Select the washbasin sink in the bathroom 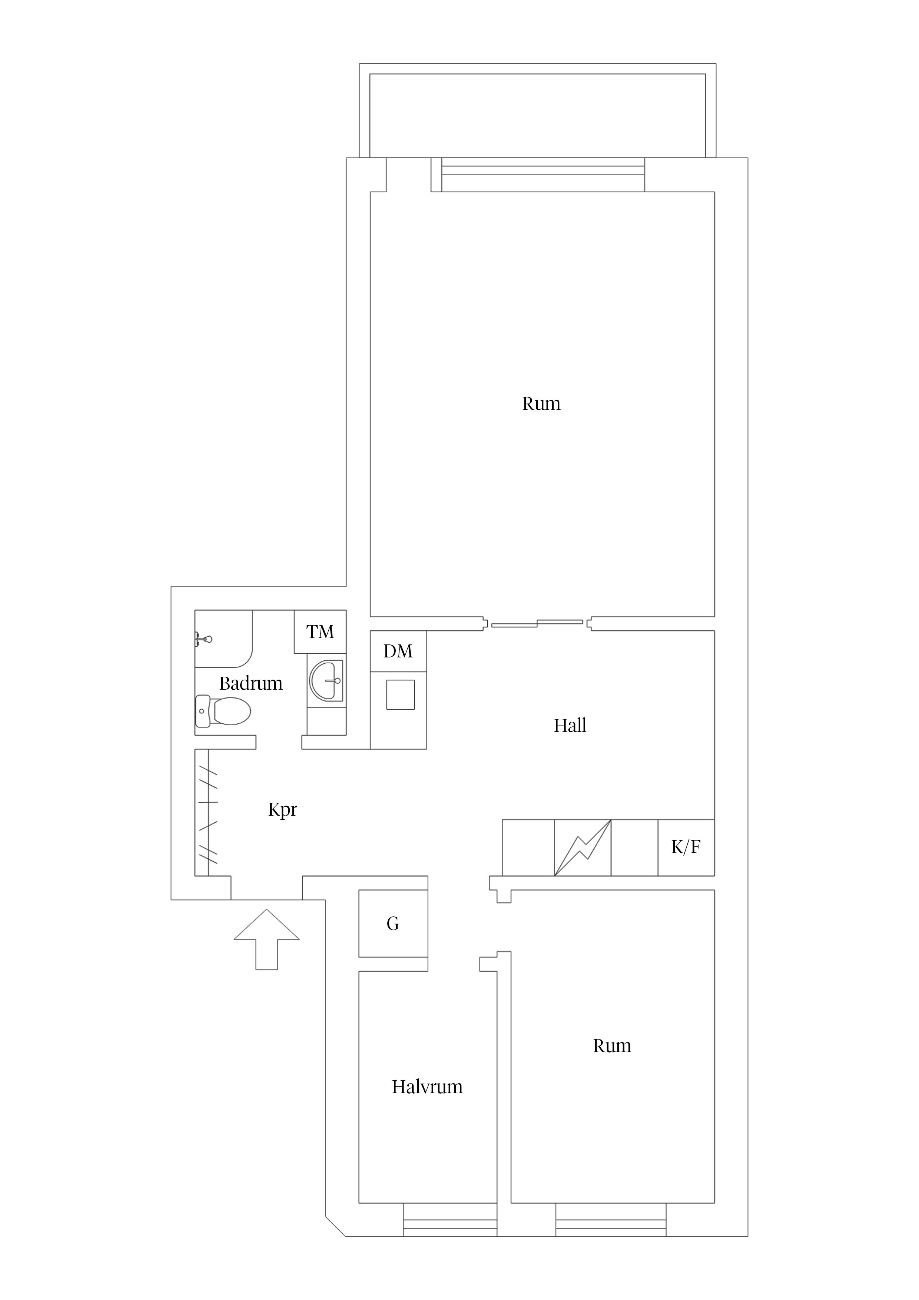[327, 681]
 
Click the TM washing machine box [320, 632]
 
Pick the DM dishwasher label [398, 652]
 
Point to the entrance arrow [267, 939]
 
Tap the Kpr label [282, 810]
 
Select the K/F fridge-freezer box [686, 848]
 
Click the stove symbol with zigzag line [583, 848]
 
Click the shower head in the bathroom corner [203, 640]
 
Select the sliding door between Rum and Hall [537, 623]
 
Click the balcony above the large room [538, 110]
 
